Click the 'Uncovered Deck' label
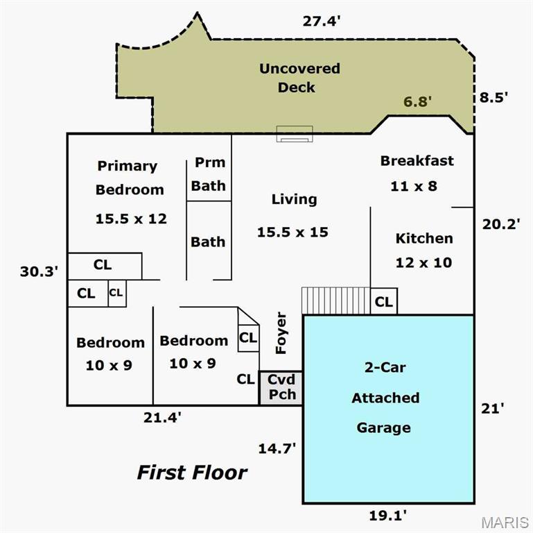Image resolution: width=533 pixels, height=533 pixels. (x=299, y=78)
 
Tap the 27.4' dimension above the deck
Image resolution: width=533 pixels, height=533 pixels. (x=322, y=21)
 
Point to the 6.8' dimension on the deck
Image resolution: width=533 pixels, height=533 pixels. (x=417, y=101)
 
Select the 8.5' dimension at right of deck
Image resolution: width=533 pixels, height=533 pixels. (x=493, y=97)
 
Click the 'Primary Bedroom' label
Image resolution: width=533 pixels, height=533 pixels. (x=130, y=177)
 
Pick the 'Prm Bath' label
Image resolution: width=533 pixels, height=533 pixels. (x=209, y=174)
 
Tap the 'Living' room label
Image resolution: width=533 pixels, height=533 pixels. (x=294, y=199)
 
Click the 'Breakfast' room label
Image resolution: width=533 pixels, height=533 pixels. (x=417, y=161)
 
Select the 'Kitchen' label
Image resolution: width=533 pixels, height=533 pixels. (x=424, y=238)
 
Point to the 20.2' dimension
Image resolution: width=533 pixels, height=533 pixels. (x=499, y=223)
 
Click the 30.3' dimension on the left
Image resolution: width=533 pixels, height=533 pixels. (x=37, y=271)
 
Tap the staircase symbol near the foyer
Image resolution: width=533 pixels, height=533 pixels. (x=335, y=301)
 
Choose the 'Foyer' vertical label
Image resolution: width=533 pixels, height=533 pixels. (x=281, y=334)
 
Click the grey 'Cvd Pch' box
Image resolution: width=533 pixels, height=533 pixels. (x=281, y=387)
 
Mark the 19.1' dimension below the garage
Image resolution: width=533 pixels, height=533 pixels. (x=387, y=515)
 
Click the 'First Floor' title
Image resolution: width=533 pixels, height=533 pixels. (x=192, y=473)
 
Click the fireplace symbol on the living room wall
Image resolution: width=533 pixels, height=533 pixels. (x=295, y=134)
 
